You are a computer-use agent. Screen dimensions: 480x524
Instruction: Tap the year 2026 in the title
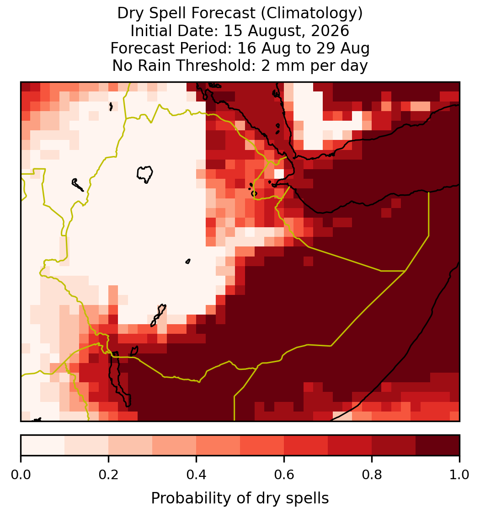pyautogui.click(x=330, y=31)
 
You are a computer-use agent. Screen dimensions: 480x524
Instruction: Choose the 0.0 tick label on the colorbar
pyautogui.click(x=21, y=475)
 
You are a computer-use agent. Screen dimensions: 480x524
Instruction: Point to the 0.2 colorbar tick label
pyautogui.click(x=108, y=475)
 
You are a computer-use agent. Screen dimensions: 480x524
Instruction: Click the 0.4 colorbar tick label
pyautogui.click(x=197, y=475)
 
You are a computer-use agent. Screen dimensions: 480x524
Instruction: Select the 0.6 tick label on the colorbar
pyautogui.click(x=284, y=475)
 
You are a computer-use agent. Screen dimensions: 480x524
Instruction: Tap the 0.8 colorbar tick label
pyautogui.click(x=372, y=475)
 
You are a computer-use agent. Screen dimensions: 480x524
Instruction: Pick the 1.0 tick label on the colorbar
pyautogui.click(x=459, y=475)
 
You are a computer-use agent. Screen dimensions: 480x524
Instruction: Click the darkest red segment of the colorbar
pyautogui.click(x=437, y=445)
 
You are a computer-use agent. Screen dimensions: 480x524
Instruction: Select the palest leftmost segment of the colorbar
pyautogui.click(x=43, y=445)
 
